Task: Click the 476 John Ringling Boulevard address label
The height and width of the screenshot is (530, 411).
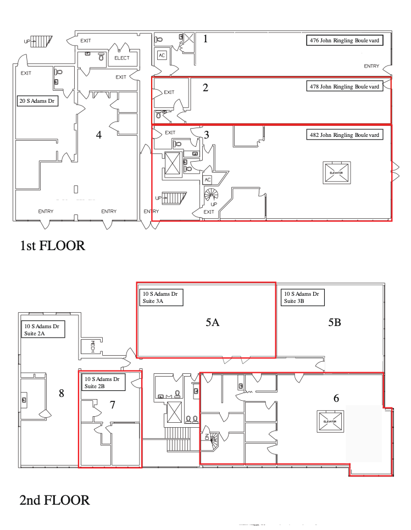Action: (x=343, y=40)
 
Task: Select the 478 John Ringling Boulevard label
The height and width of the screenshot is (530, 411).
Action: (x=343, y=87)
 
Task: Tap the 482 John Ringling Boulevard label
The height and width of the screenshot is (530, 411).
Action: (x=343, y=135)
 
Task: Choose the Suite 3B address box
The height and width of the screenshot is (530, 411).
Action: (x=302, y=297)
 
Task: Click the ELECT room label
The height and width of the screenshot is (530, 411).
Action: (x=122, y=58)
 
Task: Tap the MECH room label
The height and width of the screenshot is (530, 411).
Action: (x=92, y=346)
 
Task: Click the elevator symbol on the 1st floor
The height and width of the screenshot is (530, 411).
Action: (x=337, y=172)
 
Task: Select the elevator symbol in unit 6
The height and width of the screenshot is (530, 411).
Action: (x=329, y=421)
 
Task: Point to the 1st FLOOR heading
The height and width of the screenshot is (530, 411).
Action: (x=52, y=245)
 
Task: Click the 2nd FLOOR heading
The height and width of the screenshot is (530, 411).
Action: (x=54, y=500)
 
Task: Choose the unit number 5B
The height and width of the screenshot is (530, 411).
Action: (x=335, y=323)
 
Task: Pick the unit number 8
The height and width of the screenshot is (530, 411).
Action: (x=62, y=393)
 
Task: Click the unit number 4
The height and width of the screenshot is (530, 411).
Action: (x=99, y=135)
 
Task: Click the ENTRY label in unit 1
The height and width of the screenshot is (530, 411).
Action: (x=371, y=66)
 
